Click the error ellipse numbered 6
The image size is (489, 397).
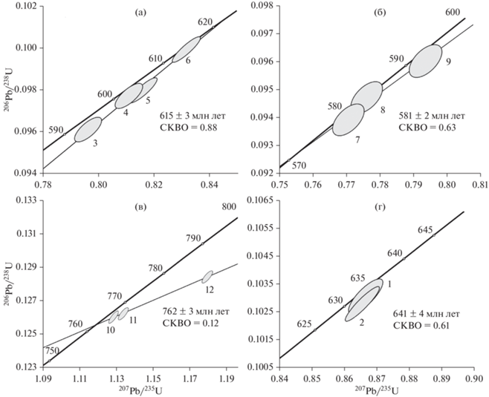[187, 50]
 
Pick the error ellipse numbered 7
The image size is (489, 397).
[348, 119]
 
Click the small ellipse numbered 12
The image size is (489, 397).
[207, 277]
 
